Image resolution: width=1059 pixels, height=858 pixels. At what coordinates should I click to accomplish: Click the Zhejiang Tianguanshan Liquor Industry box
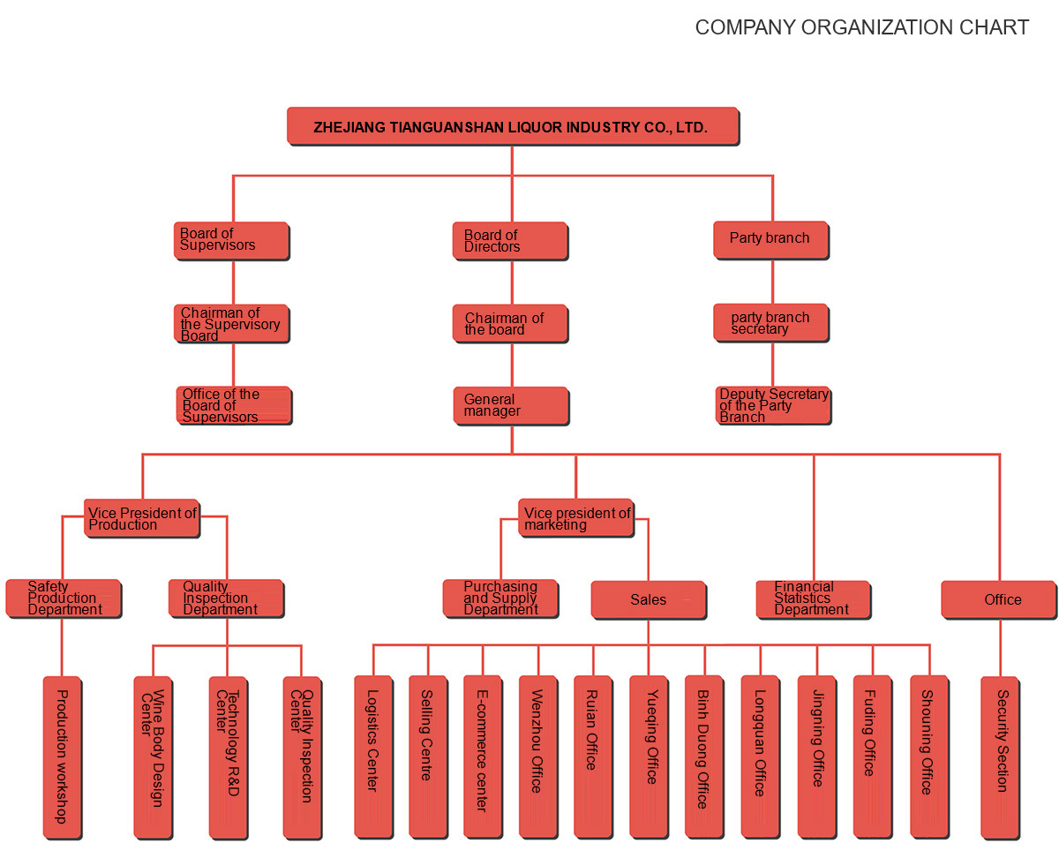click(513, 126)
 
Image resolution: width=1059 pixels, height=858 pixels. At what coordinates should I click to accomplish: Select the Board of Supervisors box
click(231, 241)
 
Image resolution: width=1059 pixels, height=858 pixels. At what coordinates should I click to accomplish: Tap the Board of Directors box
click(510, 241)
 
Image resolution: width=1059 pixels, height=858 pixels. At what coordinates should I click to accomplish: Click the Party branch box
click(770, 240)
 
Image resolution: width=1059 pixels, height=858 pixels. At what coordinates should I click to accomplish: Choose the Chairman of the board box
click(510, 323)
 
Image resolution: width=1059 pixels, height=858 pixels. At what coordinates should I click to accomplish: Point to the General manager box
click(511, 406)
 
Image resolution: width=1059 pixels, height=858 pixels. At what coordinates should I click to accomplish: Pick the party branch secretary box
click(770, 323)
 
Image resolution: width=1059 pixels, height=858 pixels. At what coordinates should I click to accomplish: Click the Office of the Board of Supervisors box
click(234, 405)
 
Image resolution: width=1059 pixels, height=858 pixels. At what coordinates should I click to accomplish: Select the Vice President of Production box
click(142, 518)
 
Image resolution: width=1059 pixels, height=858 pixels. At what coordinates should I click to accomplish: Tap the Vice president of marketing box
click(575, 518)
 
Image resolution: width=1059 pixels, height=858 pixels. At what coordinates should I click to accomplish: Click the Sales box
click(649, 600)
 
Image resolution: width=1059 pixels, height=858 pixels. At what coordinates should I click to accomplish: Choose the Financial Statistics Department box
click(814, 600)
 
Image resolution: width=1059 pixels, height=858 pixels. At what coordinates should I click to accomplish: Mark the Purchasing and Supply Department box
click(500, 598)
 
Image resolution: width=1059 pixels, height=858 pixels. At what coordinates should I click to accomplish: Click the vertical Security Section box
click(1001, 758)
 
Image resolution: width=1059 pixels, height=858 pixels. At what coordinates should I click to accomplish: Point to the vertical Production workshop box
click(62, 758)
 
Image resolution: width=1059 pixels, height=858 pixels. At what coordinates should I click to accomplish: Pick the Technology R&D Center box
click(229, 758)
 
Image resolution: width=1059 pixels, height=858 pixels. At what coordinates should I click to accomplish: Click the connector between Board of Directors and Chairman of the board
click(512, 282)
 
